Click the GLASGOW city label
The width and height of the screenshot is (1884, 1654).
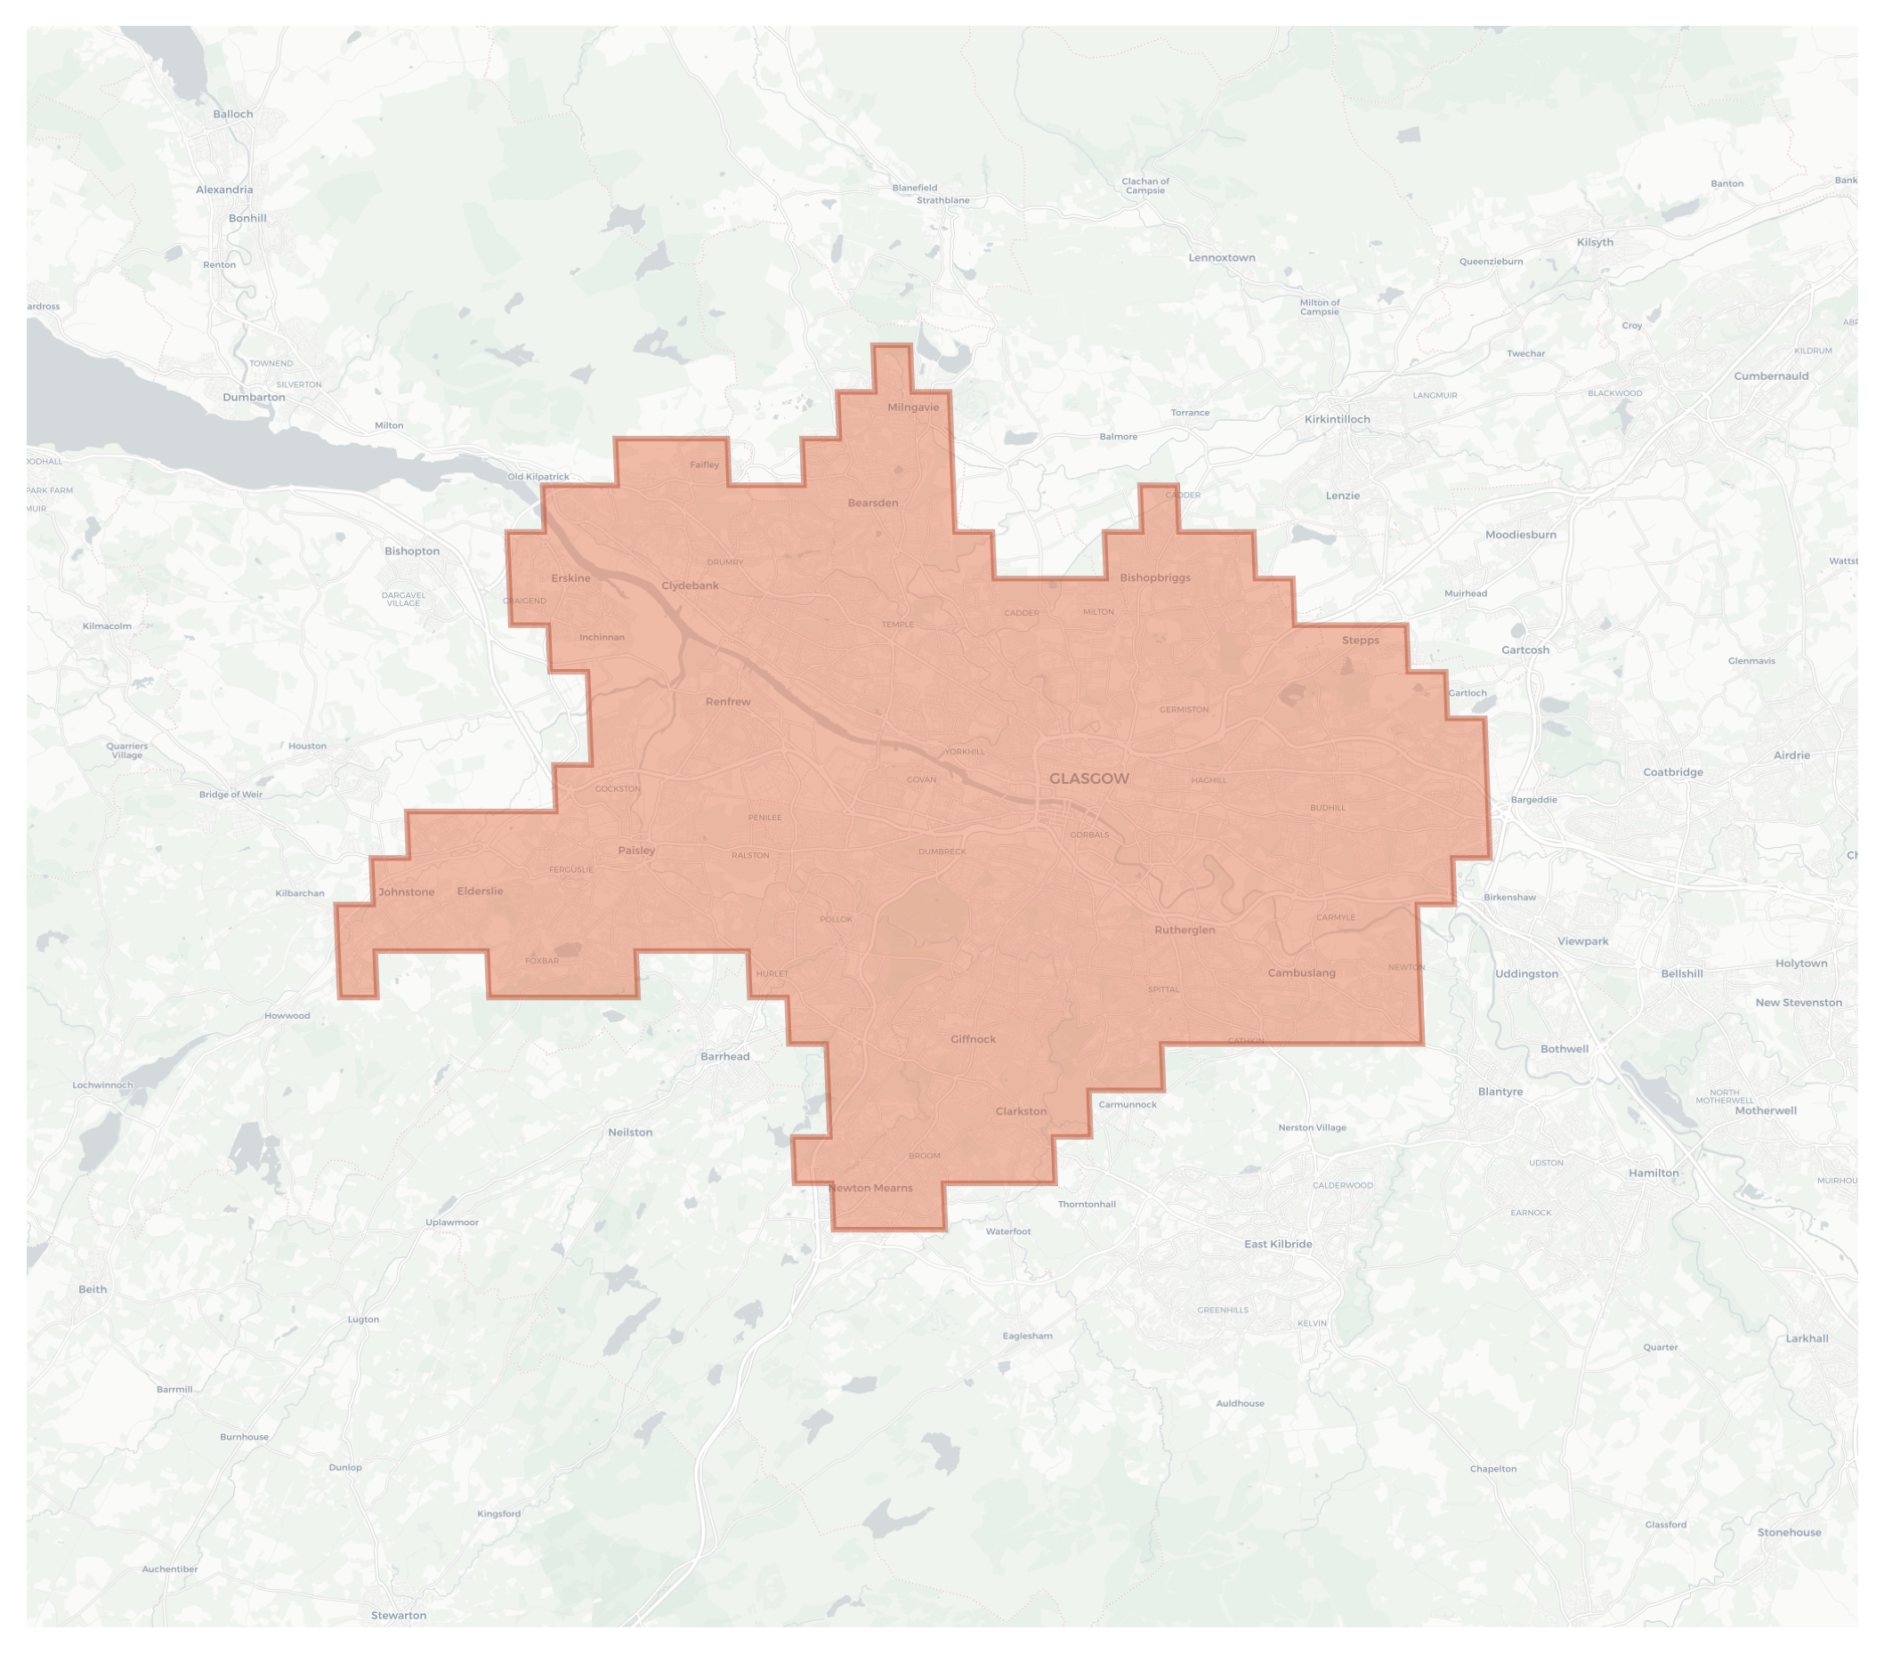[x=1088, y=779]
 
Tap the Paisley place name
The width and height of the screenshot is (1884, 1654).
[x=636, y=851]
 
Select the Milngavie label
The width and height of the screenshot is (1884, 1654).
[x=912, y=407]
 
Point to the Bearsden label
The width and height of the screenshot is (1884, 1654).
[x=872, y=503]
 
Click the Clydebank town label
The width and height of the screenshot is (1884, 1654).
[x=690, y=586]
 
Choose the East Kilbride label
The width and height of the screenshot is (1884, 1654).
[x=1278, y=1244]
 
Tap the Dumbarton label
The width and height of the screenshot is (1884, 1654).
[x=254, y=397]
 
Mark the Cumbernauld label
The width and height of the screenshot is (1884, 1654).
[x=1771, y=376]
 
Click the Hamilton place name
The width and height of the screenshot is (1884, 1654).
[x=1653, y=1173]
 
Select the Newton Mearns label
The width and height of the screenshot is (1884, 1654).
[x=870, y=1188]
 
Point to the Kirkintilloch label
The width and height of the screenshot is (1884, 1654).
[x=1337, y=419]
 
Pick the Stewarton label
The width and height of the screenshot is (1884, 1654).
[x=398, y=1616]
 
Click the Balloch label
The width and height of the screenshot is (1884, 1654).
[x=232, y=114]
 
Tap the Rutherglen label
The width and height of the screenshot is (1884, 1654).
[x=1185, y=930]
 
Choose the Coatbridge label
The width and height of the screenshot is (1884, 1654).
[x=1672, y=772]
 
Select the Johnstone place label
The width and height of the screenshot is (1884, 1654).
[x=406, y=892]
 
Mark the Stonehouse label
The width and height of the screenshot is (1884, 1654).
[x=1788, y=1532]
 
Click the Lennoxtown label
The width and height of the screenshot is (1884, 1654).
[x=1221, y=258]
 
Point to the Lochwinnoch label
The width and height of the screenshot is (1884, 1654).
[x=102, y=1085]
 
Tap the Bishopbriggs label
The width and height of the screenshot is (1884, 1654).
[x=1155, y=577]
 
